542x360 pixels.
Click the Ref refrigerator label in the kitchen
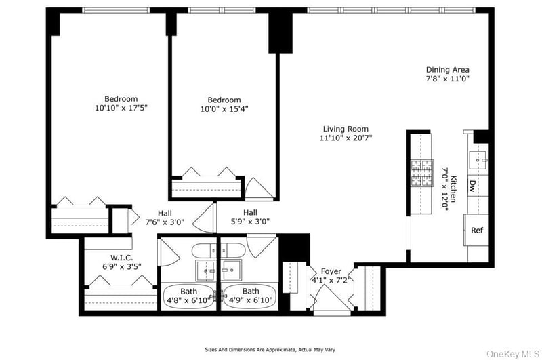tap(477, 230)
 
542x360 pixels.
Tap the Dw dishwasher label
tap(472, 186)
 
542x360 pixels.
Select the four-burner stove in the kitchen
tap(421, 173)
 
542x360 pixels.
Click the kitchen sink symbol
tap(478, 160)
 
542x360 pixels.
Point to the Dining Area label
tap(448, 70)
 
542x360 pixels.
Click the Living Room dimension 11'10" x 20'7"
tap(346, 138)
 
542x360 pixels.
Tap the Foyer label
tap(331, 271)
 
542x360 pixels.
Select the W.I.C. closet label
tap(122, 258)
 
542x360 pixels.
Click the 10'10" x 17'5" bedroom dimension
tap(121, 108)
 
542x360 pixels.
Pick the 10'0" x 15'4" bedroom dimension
tap(224, 109)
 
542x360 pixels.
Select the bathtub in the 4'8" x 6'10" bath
tap(189, 296)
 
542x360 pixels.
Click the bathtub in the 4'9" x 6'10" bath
tap(249, 296)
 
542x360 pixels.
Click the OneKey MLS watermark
tap(513, 354)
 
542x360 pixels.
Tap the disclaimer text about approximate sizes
tap(270, 350)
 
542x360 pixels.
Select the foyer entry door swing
tap(331, 298)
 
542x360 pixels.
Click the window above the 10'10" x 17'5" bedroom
tap(116, 10)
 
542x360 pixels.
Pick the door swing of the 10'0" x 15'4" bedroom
tap(259, 188)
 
